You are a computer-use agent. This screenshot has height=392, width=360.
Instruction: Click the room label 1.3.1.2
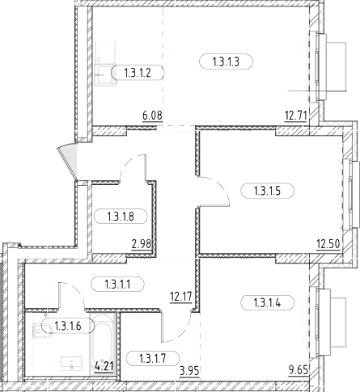138,73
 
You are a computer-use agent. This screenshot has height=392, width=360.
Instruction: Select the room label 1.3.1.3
226,62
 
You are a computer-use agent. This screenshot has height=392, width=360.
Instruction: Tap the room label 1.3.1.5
267,191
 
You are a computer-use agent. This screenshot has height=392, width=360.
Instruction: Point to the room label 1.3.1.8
121,217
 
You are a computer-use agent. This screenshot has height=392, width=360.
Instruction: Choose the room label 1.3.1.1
117,284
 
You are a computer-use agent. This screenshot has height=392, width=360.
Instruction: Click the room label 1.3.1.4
267,303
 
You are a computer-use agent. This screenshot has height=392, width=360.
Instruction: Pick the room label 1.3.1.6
68,326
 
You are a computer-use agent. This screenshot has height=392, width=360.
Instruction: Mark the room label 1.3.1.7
153,358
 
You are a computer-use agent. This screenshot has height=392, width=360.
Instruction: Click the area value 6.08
152,116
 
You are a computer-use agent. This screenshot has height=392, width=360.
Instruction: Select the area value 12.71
296,116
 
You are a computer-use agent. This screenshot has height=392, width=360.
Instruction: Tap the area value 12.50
328,245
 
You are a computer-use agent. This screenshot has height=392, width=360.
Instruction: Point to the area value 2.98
141,245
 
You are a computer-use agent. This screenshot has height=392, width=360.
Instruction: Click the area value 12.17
181,297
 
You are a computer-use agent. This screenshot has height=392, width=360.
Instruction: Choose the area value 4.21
104,366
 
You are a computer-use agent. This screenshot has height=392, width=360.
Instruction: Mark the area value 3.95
189,371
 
